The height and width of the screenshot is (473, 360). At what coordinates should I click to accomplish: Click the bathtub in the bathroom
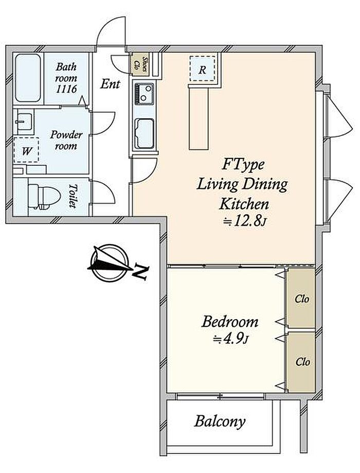28,78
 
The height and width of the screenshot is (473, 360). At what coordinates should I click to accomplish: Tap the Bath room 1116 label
66,78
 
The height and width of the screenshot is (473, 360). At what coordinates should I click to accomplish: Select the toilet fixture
39,197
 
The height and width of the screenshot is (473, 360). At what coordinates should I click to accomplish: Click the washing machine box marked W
26,150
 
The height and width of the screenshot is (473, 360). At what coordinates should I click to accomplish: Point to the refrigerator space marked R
202,69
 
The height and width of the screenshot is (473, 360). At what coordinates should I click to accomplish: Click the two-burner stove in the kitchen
144,94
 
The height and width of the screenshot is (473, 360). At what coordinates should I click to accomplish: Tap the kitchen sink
144,134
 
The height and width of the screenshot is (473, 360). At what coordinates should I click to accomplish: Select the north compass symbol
111,262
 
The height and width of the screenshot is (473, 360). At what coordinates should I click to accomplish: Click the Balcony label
220,421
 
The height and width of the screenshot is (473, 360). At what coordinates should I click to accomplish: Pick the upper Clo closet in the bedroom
301,298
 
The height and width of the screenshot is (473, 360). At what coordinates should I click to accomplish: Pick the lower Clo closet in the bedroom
301,361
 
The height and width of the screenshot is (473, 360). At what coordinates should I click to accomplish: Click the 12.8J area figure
244,222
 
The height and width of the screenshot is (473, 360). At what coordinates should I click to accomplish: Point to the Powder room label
66,141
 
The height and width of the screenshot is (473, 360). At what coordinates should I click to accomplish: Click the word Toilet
73,196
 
